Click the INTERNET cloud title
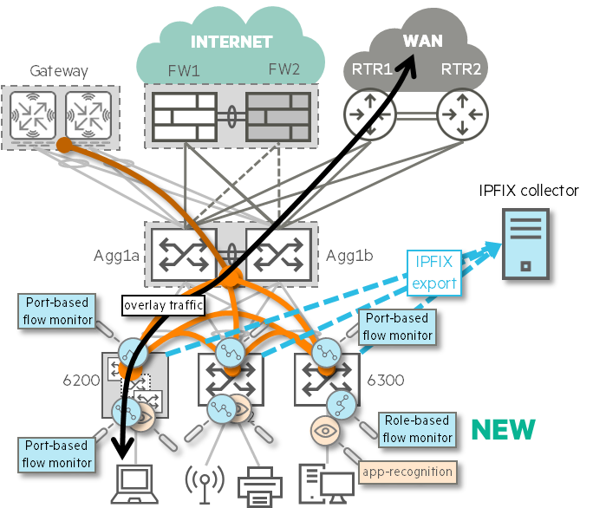coord(231,42)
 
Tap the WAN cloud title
coord(422,41)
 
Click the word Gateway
coord(59,70)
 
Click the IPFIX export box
coord(433,271)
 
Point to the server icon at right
coord(525,244)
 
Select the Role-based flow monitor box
coord(416,428)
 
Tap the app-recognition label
coord(407,472)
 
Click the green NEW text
coord(503,428)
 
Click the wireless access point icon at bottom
coord(205,482)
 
